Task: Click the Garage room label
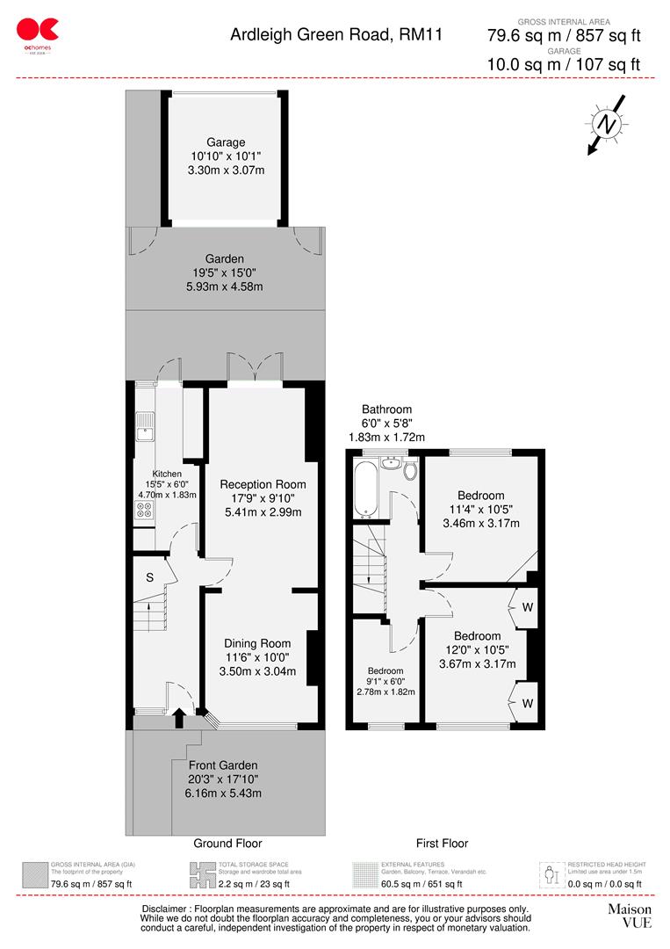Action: (226, 142)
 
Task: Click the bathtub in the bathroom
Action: (364, 489)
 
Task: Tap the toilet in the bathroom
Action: (410, 470)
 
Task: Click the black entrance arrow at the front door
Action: (179, 718)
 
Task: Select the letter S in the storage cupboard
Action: (150, 577)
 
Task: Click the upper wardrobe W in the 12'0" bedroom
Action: (528, 607)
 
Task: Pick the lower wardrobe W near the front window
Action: (528, 702)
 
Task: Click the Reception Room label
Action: (263, 484)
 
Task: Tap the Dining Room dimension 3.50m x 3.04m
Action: (256, 672)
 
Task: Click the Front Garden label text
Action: (223, 764)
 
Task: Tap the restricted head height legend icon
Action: (551, 874)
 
